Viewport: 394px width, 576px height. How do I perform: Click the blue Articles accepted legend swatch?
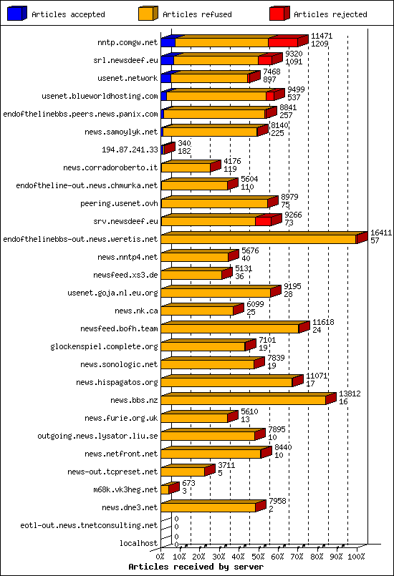16,14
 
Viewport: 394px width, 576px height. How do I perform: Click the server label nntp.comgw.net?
128,42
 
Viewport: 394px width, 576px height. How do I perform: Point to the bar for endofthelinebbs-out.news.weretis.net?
259,238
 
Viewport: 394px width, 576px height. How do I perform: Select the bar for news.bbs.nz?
244,399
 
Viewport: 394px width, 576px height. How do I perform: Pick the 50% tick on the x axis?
259,555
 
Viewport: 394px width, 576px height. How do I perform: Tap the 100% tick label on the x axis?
355,555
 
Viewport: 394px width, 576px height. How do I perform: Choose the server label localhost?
138,543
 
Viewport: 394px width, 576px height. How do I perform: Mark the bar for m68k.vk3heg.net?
165,489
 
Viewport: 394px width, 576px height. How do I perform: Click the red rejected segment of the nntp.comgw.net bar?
283,42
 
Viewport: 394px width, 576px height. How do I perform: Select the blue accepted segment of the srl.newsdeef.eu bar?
167,60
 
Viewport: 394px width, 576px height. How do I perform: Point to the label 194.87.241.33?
130,150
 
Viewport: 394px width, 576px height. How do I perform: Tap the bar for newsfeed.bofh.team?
230,328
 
